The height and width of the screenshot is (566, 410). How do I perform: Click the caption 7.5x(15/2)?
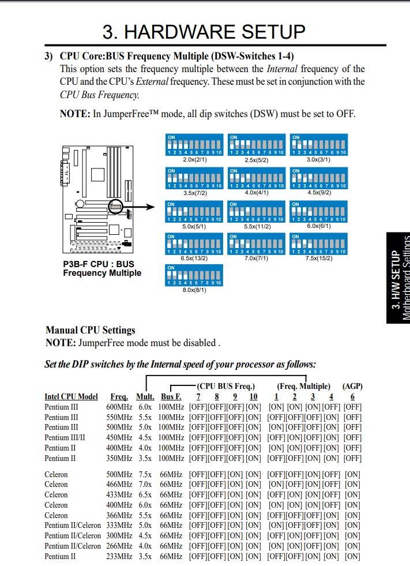318,258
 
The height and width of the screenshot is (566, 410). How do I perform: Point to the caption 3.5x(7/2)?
194,193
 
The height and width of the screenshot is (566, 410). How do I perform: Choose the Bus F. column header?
171,396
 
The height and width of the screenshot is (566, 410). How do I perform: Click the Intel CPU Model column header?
71,396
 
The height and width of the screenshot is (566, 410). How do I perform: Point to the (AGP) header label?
352,386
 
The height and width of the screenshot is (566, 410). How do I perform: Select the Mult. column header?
145,396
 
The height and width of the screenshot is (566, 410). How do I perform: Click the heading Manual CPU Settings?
91,330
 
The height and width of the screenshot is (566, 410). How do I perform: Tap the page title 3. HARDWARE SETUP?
204,31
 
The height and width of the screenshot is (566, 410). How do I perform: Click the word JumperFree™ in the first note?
130,114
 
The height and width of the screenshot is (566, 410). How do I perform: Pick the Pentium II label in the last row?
60,557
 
